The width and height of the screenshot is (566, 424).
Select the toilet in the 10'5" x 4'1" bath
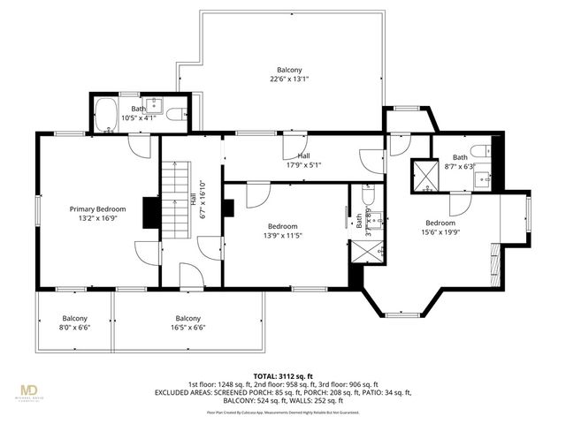(x=177, y=113)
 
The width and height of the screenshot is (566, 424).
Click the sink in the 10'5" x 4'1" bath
(x=150, y=103)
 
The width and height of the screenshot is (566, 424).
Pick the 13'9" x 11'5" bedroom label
(x=283, y=231)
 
